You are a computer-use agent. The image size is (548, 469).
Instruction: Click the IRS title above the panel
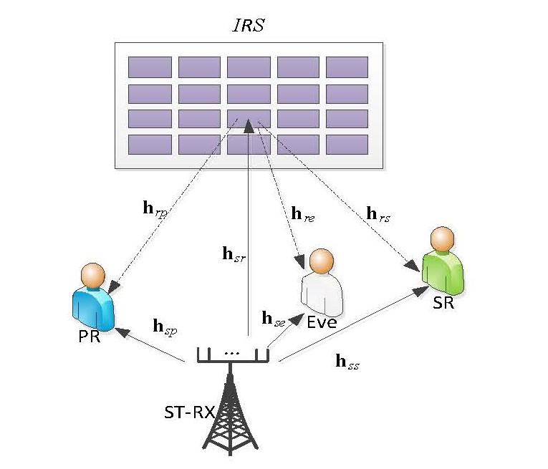[249, 26]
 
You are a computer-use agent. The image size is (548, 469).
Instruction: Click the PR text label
[89, 337]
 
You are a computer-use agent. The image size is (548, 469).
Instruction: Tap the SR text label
[443, 303]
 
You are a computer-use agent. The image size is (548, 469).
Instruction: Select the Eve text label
[322, 322]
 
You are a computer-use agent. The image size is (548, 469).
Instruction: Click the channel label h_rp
[157, 211]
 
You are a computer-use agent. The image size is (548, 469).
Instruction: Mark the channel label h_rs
[378, 213]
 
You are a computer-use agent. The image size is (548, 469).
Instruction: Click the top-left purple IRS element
[150, 67]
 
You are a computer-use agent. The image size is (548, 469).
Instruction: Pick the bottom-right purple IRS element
[347, 145]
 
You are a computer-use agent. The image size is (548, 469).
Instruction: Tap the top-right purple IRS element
[347, 67]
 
